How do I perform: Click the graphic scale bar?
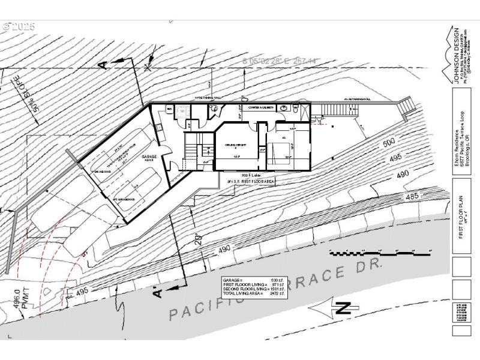click(x=380, y=251)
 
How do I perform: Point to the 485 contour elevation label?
click(x=412, y=196)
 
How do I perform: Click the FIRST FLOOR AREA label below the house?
click(x=251, y=181)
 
